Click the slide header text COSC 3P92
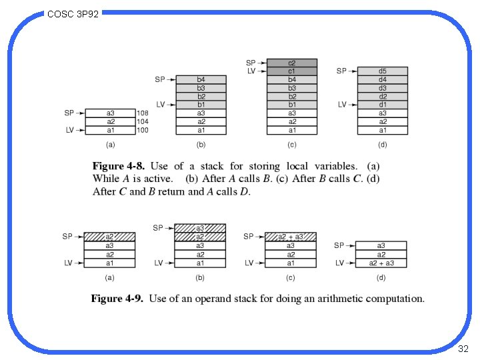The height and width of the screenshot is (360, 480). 73,13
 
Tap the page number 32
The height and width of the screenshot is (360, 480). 464,349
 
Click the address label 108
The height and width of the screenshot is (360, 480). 142,113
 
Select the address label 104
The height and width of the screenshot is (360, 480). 142,122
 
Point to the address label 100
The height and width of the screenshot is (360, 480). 142,130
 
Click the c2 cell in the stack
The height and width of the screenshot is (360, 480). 292,63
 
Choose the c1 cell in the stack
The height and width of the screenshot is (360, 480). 292,71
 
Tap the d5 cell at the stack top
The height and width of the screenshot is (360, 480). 382,71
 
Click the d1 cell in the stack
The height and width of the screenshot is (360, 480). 382,105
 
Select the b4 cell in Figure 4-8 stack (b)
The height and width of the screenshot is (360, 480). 201,79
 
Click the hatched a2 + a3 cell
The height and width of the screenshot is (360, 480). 290,237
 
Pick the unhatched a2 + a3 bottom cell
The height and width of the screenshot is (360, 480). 381,263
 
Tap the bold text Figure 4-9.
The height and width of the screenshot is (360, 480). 117,299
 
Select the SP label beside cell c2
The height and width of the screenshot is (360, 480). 251,63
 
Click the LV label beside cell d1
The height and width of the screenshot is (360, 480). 342,105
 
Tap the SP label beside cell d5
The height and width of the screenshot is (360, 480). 341,71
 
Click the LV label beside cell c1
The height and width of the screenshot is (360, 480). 251,71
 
